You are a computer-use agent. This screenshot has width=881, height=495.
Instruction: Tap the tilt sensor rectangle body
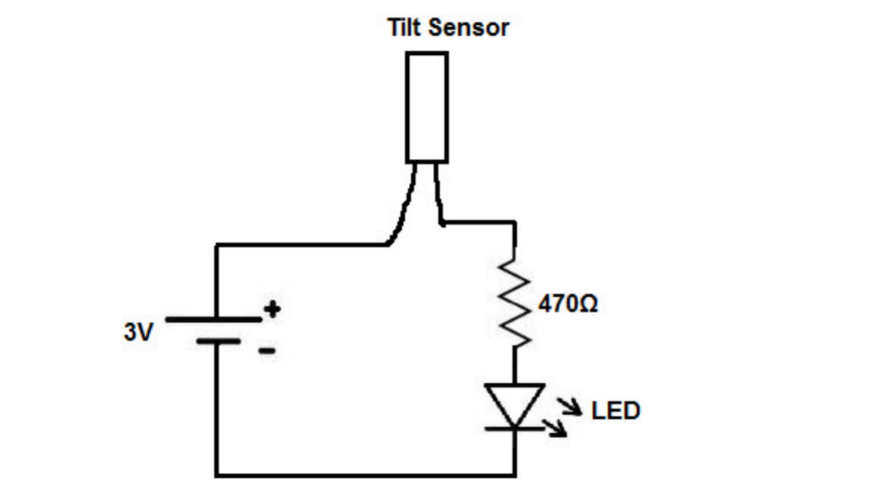[x=427, y=107]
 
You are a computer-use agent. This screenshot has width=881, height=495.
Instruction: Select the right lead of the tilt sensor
[x=438, y=196]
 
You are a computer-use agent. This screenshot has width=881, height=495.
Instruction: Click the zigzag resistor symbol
[x=516, y=302]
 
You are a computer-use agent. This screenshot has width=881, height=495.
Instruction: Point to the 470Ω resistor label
[x=568, y=304]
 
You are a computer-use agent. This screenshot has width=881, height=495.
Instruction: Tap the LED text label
[x=615, y=410]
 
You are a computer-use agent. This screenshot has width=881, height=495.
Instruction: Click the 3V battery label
[x=138, y=333]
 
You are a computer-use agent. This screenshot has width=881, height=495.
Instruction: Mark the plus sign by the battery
[x=273, y=309]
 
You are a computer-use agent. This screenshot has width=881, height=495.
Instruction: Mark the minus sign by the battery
[x=267, y=351]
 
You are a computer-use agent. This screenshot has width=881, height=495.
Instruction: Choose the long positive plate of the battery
[x=213, y=319]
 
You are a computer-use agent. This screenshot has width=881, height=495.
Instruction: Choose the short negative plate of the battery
[x=218, y=340]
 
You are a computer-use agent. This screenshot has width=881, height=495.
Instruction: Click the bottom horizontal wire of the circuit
[x=365, y=474]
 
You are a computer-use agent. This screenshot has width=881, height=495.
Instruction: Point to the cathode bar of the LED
[x=515, y=428]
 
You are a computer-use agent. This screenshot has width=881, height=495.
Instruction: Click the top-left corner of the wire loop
[x=217, y=245]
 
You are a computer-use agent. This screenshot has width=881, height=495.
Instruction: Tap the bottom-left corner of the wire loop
[x=217, y=474]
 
